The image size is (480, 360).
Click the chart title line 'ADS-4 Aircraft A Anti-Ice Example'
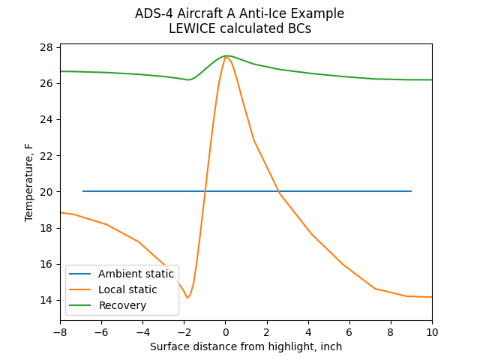click(239, 13)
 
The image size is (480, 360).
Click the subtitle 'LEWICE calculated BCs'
click(239, 28)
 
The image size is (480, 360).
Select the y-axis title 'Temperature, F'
click(29, 183)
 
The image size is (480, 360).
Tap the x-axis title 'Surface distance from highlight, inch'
click(246, 346)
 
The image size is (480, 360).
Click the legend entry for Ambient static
click(136, 274)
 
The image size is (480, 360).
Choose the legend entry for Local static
click(127, 289)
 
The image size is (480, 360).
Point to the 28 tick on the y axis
click(46, 47)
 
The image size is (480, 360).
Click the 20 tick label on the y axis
click(46, 192)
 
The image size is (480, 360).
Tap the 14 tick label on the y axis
click(46, 300)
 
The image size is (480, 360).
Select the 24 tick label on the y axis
click(46, 119)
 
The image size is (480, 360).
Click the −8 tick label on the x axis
click(60, 331)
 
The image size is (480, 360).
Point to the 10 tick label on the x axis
click(432, 331)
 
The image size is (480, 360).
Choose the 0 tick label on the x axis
click(225, 331)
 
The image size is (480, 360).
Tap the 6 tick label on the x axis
click(349, 331)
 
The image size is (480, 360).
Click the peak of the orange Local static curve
click(226, 56)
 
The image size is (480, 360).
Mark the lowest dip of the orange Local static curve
click(187, 298)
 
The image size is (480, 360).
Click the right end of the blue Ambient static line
click(411, 191)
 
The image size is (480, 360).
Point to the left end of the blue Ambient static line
click(82, 191)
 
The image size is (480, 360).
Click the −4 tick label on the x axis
click(142, 331)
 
